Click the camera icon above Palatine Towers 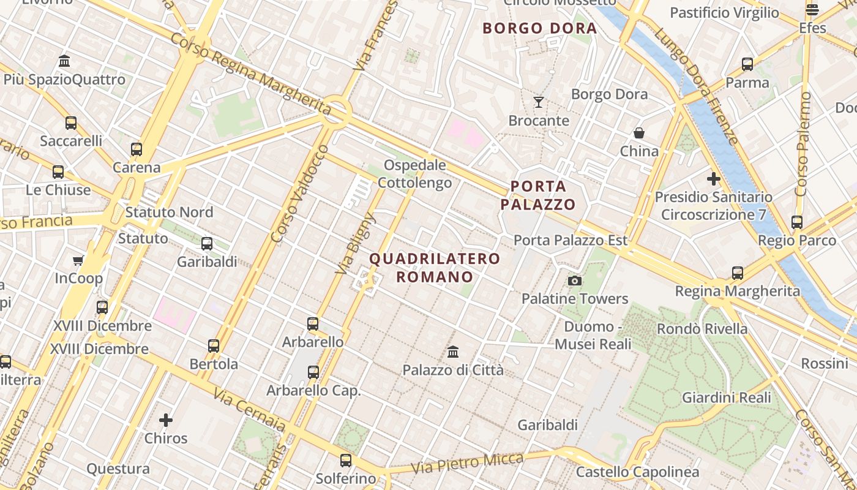coord(574,281)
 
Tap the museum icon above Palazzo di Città coord(453,352)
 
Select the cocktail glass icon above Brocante coord(539,102)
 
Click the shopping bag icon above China coord(639,133)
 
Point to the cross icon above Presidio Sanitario coord(713,179)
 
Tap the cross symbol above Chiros coord(166,420)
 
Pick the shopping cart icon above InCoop coord(78,261)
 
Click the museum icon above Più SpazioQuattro coord(64,61)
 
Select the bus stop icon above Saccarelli coord(71,123)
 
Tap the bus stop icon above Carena coord(137,149)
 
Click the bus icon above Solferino coord(346,460)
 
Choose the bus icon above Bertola coord(214,345)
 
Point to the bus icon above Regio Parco coord(797,222)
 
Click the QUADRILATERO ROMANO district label coord(435,268)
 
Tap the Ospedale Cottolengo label coord(414,174)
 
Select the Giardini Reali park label coord(727,398)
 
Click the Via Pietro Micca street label coord(468,464)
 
